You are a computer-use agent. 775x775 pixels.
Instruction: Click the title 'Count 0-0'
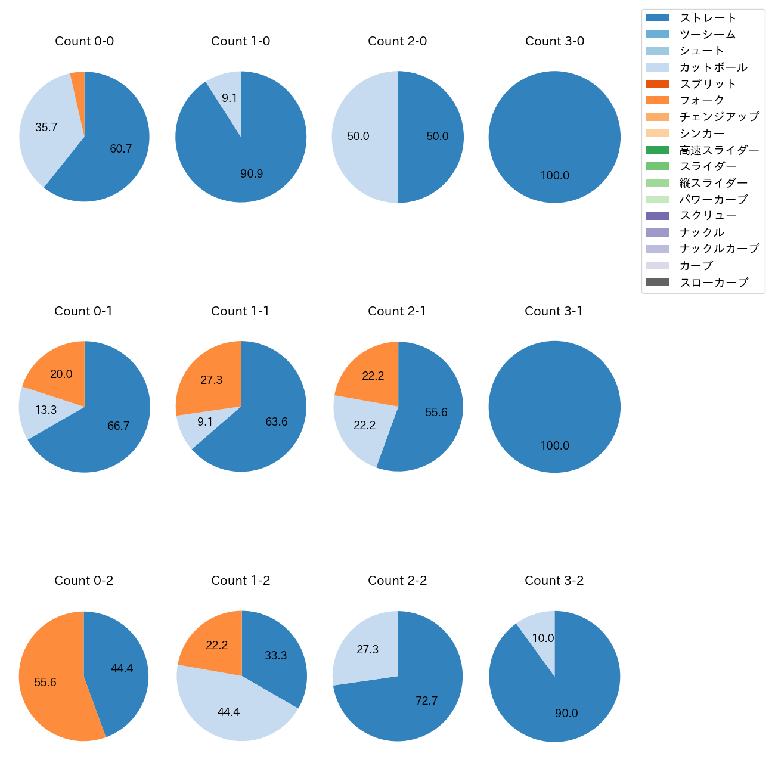coord(84,41)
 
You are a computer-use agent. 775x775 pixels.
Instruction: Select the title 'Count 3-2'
coord(554,581)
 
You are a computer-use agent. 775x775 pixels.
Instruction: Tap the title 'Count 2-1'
coord(397,311)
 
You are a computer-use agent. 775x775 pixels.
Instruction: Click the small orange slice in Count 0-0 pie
coord(79,89)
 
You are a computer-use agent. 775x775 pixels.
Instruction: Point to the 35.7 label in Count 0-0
coord(46,127)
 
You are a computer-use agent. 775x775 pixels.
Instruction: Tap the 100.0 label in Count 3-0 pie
coord(554,176)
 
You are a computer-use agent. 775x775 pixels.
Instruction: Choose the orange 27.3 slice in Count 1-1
coord(211,380)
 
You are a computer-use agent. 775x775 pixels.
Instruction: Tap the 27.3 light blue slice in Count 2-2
coord(367,649)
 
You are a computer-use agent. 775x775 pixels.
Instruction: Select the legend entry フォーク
coord(702,100)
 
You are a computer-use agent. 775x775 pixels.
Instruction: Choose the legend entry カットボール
coord(713,67)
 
